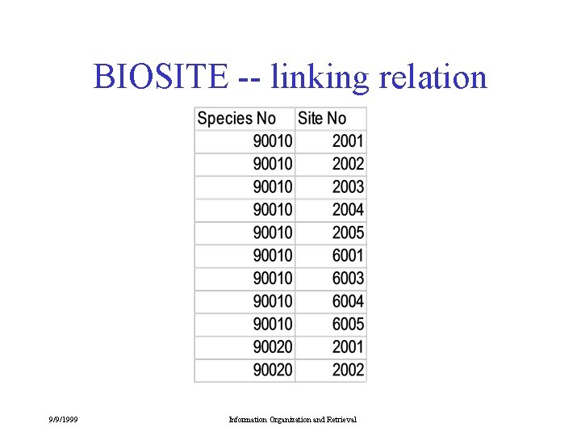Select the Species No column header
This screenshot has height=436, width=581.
click(236, 119)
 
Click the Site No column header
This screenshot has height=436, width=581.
click(322, 119)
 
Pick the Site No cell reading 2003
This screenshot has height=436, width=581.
click(348, 187)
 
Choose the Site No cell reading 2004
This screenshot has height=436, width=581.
click(348, 210)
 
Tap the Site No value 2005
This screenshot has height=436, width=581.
click(348, 233)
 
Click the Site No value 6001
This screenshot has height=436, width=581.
click(348, 255)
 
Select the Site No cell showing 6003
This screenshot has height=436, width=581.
click(348, 279)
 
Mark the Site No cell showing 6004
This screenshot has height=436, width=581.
click(348, 301)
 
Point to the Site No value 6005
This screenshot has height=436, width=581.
click(348, 324)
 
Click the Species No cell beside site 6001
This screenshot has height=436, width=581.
click(274, 255)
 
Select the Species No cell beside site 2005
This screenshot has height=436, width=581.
click(274, 233)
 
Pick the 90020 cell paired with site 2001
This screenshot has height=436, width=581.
click(274, 347)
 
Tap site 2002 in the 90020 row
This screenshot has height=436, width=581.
click(348, 370)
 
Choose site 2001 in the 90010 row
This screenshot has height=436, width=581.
click(348, 141)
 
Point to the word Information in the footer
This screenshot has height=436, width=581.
click(247, 419)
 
